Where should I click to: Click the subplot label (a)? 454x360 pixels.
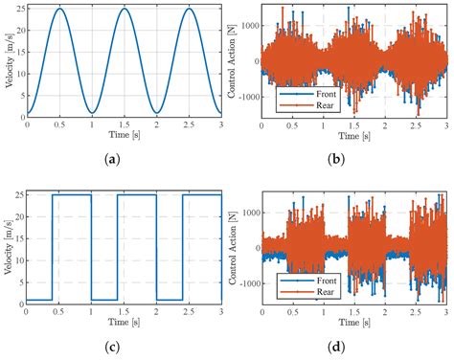124,158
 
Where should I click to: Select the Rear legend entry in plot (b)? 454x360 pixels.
308,106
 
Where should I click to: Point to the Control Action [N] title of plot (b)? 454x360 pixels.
235,59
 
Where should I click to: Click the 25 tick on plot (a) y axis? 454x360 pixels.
20,10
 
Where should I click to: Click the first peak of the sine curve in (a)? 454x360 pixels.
59,10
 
